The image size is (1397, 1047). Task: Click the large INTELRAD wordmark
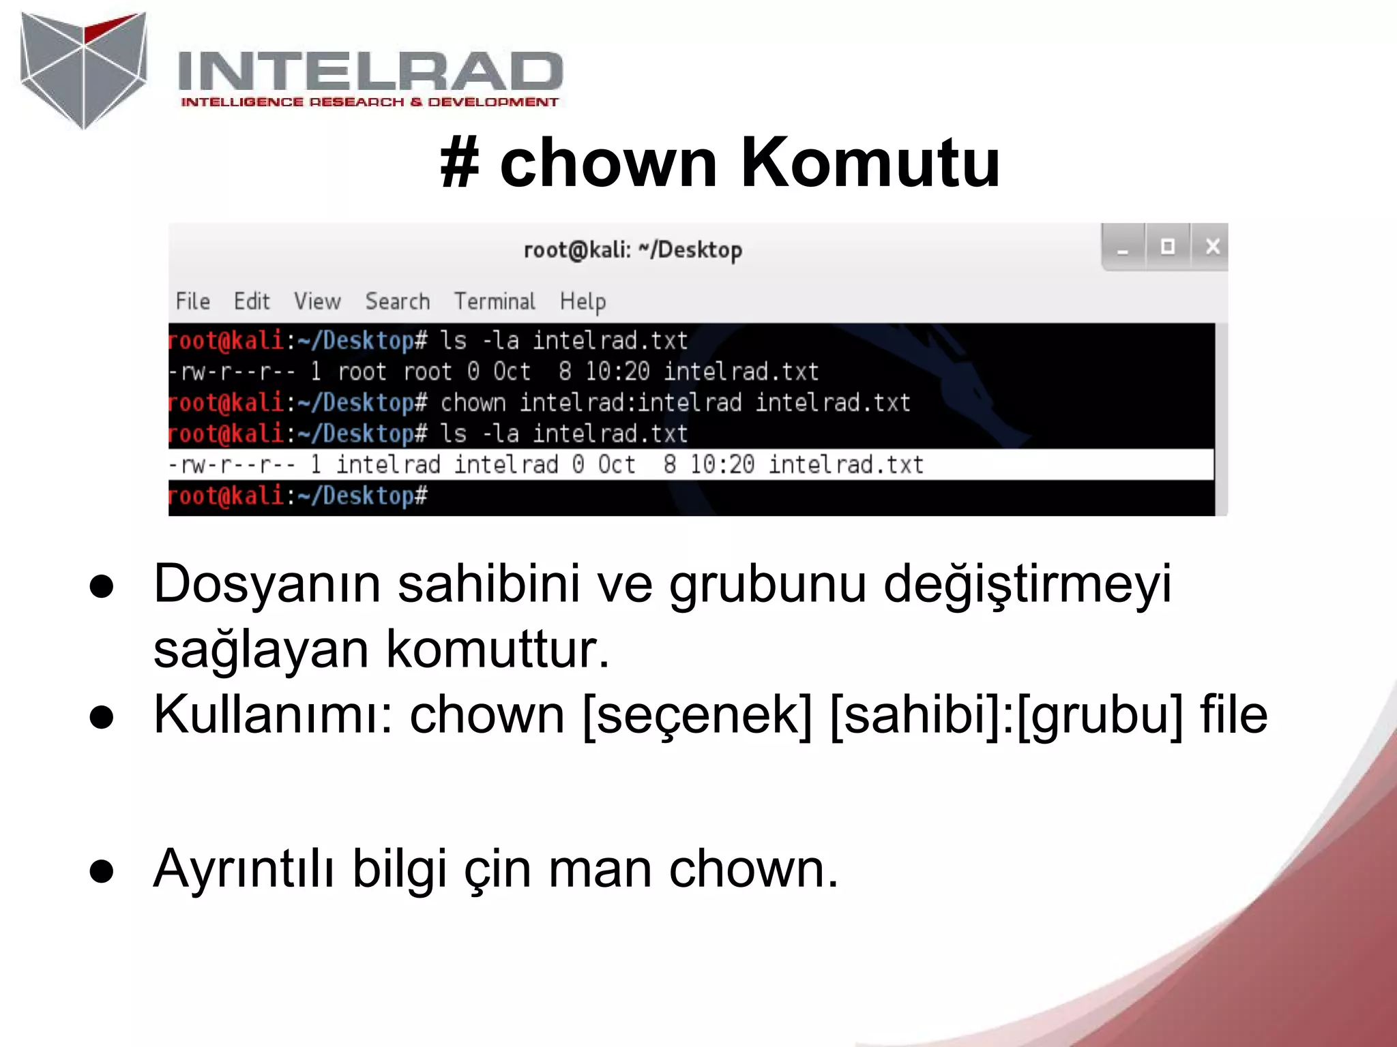point(370,72)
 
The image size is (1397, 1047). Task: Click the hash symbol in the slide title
point(459,163)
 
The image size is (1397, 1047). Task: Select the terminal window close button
point(1212,246)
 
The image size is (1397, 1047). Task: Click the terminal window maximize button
point(1167,246)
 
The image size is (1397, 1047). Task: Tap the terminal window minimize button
point(1123,248)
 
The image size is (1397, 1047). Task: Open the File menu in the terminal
point(192,301)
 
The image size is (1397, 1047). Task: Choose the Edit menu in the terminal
point(252,301)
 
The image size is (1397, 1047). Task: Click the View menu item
point(317,301)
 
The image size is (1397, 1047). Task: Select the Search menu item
point(398,301)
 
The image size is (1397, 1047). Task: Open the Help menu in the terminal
point(583,301)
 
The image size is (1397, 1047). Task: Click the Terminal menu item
point(495,301)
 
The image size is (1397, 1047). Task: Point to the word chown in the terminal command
point(473,403)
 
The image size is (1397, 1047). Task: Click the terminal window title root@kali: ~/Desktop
point(632,250)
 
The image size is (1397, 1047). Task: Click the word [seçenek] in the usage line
point(697,715)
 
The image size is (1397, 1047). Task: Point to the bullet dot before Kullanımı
point(102,717)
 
